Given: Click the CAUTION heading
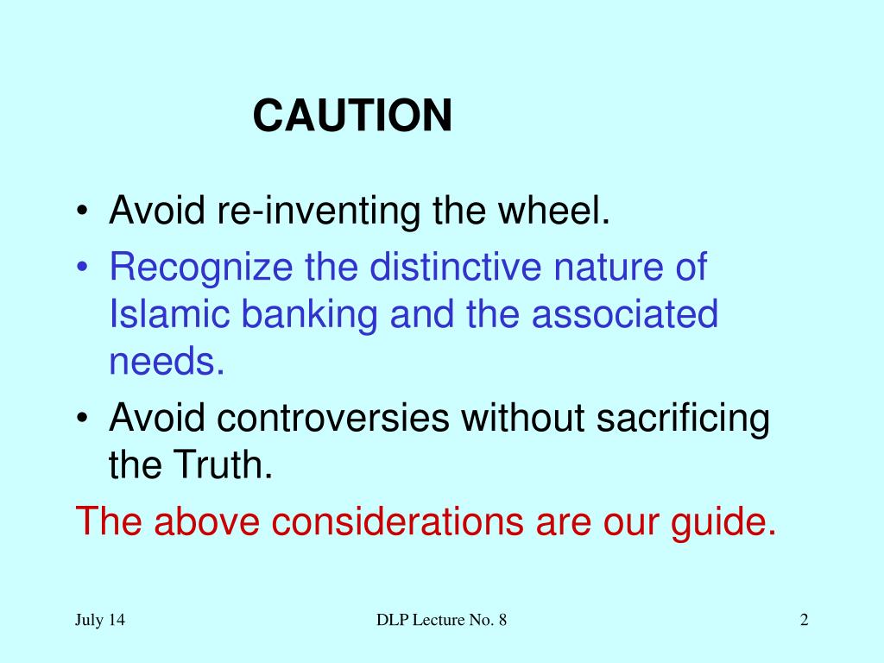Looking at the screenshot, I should pyautogui.click(x=352, y=116).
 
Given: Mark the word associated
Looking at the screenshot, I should pyautogui.click(x=624, y=314).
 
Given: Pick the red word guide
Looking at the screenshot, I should pyautogui.click(x=723, y=521).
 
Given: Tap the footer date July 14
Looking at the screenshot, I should pyautogui.click(x=99, y=620).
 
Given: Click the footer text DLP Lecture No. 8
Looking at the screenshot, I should pyautogui.click(x=441, y=620).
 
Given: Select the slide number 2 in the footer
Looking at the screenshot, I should pyautogui.click(x=804, y=620).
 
